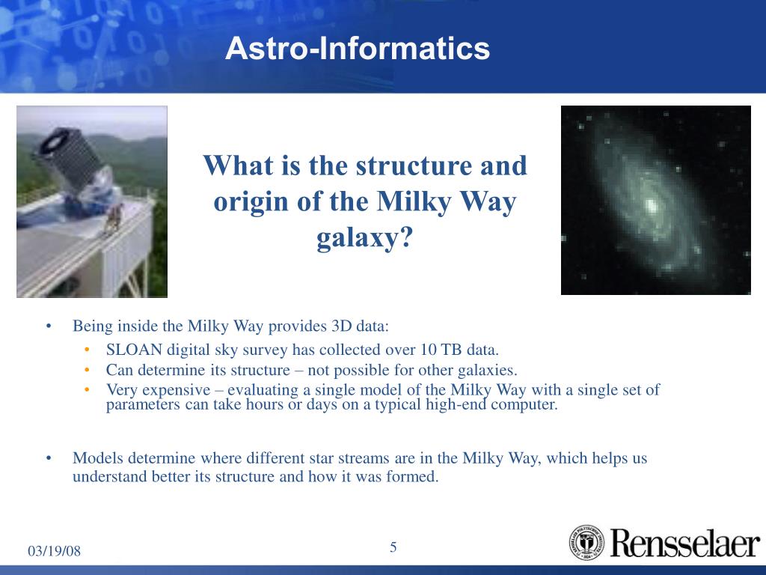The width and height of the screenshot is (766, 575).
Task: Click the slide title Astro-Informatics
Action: click(357, 49)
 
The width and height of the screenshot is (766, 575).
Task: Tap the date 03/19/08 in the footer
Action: click(54, 551)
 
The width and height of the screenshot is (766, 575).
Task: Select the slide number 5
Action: click(393, 547)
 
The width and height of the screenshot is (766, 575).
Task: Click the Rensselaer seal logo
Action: click(586, 542)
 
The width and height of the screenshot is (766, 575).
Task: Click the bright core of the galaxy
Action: click(651, 205)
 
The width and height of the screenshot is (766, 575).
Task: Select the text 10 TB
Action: click(441, 350)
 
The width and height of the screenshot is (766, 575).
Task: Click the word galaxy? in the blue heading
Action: click(365, 239)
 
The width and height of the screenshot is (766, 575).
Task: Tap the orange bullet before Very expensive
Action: click(88, 389)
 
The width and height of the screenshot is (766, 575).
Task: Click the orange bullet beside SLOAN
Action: click(88, 350)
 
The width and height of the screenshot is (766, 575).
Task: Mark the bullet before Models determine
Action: click(49, 459)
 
